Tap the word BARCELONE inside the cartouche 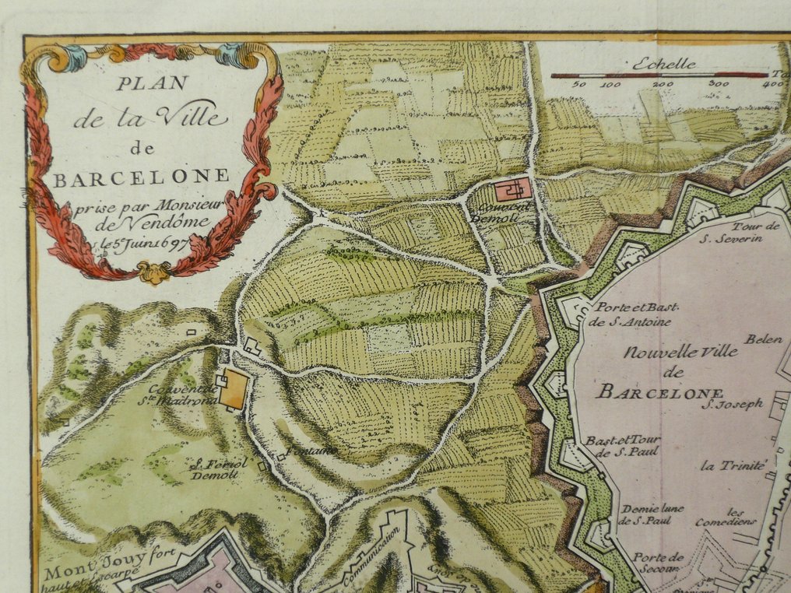click(141, 176)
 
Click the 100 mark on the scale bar click(610, 84)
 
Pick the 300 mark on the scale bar click(719, 84)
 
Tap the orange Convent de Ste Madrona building click(233, 388)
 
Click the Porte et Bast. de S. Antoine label click(630, 313)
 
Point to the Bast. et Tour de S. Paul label click(622, 446)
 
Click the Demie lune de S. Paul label click(651, 514)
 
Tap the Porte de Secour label click(658, 562)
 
